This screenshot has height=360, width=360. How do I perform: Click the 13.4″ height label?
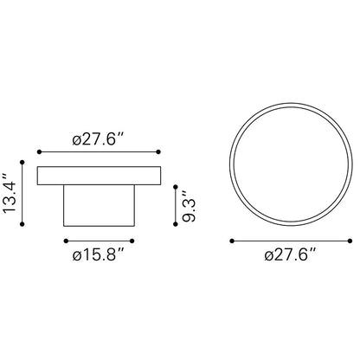click(9, 193)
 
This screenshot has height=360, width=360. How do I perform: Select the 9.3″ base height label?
click(189, 205)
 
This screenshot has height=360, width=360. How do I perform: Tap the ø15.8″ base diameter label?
click(98, 255)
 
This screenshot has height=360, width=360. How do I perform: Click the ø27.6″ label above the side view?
click(98, 140)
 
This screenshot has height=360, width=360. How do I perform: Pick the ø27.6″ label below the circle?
click(290, 255)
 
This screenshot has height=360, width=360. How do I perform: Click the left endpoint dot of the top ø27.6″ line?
click(40, 152)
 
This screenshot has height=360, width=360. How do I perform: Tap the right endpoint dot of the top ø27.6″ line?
click(158, 152)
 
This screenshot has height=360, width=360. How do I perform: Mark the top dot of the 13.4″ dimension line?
click(22, 163)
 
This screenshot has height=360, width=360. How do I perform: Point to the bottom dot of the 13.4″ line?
click(22, 224)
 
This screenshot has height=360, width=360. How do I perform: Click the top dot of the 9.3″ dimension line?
click(176, 187)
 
